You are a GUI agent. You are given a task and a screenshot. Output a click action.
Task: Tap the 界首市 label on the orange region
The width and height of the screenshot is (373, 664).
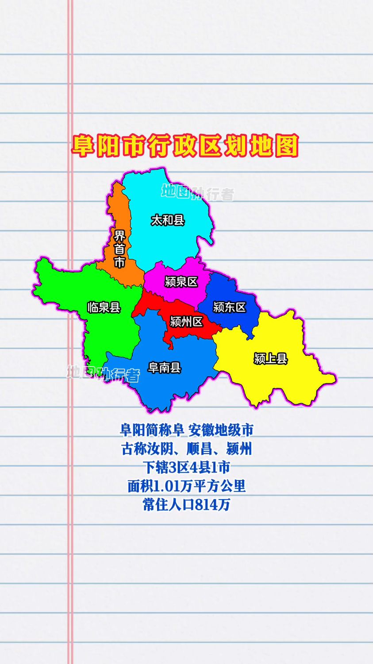tap(119, 249)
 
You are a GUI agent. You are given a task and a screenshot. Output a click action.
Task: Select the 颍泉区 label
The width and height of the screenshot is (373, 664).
tap(181, 281)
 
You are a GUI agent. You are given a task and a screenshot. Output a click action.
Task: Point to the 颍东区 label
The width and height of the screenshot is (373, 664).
tap(229, 307)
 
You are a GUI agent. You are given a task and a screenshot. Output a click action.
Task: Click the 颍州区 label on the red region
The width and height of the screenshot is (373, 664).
tap(186, 321)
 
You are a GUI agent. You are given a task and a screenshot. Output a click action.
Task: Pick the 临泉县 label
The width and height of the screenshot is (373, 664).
tap(104, 307)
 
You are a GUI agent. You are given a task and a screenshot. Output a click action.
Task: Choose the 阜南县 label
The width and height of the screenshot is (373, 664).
tap(165, 367)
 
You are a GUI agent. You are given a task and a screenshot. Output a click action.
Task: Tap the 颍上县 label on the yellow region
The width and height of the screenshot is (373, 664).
tap(270, 358)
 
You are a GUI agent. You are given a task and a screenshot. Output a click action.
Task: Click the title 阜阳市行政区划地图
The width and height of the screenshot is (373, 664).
tap(185, 146)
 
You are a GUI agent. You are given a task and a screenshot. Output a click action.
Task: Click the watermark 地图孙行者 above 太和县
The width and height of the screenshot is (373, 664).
tap(197, 192)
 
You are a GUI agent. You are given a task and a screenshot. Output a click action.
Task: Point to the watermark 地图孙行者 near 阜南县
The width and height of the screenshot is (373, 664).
tap(103, 373)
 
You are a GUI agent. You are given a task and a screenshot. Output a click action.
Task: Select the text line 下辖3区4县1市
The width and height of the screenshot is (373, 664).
tap(186, 467)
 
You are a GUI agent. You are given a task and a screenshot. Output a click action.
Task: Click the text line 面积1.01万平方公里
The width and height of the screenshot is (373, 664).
tap(186, 486)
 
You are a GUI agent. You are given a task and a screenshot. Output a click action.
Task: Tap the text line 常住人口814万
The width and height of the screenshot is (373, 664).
tap(186, 505)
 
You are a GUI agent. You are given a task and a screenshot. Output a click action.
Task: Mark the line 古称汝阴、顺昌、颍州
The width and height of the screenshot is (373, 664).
tap(186, 449)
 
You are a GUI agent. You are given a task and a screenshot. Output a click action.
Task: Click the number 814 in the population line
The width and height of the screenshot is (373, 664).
tap(207, 505)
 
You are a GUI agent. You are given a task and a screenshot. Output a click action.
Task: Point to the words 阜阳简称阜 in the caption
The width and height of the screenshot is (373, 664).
tap(152, 430)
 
